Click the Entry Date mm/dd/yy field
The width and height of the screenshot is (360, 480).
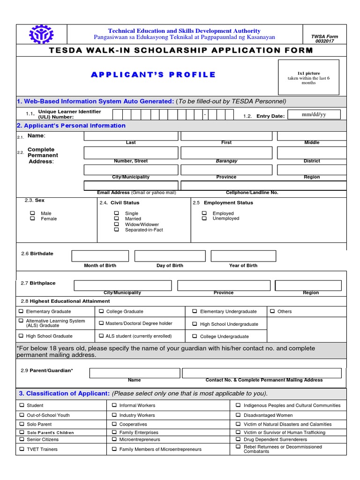click(x=314, y=114)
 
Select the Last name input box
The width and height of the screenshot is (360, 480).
click(x=131, y=136)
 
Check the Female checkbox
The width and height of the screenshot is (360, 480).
click(x=33, y=218)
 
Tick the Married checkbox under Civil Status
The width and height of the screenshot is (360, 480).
click(x=117, y=218)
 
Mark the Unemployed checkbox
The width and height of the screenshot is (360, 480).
click(x=204, y=218)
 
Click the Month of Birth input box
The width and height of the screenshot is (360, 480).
click(x=100, y=256)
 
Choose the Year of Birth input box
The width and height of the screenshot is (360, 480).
click(x=243, y=256)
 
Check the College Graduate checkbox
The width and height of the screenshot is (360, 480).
click(x=101, y=311)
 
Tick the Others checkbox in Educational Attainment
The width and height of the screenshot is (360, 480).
click(x=272, y=311)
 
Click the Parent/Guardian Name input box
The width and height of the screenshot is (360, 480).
click(x=135, y=373)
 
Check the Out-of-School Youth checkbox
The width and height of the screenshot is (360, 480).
click(x=21, y=415)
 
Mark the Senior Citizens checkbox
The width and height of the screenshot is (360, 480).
click(x=21, y=439)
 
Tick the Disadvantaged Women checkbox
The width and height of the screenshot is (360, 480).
click(x=238, y=415)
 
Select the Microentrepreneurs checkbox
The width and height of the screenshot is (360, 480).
click(x=114, y=439)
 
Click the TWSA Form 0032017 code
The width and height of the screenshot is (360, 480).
click(x=324, y=38)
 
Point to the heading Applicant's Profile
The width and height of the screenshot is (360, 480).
click(x=153, y=75)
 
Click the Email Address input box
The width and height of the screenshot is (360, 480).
click(x=131, y=185)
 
